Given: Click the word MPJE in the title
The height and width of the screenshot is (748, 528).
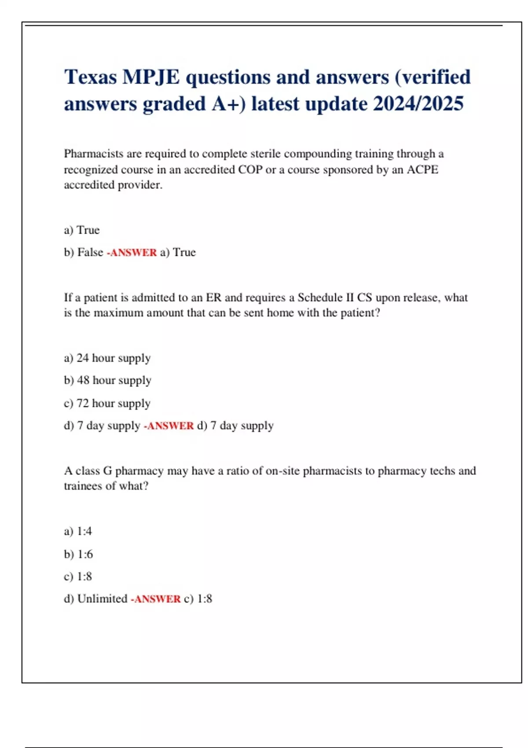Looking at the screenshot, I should [x=150, y=77].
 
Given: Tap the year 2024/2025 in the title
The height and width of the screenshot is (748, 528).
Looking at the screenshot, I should [x=418, y=104].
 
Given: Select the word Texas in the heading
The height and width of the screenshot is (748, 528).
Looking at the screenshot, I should [x=90, y=77].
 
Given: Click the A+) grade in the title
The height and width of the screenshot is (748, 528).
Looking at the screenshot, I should [x=228, y=104].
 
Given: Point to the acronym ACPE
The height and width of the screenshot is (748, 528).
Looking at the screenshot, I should [x=422, y=170].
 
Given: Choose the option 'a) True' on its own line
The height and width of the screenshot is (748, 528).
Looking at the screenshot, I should [x=82, y=230].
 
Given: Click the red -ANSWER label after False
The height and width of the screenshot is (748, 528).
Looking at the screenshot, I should [x=132, y=253].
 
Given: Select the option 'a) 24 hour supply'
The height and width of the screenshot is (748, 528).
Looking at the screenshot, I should [x=107, y=358].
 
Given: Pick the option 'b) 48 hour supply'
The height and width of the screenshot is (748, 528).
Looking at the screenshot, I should [x=107, y=380].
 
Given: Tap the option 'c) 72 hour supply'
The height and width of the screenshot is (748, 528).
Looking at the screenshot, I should [x=107, y=403].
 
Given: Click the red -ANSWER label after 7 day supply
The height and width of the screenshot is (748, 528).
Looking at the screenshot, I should [x=169, y=426].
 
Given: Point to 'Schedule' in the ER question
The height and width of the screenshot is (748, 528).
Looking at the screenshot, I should [x=319, y=298].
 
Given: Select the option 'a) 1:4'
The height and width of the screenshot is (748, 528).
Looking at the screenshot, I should [x=78, y=532].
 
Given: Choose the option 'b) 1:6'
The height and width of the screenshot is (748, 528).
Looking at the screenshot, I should [x=78, y=554].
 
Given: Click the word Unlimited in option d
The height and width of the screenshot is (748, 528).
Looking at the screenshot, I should [x=102, y=599].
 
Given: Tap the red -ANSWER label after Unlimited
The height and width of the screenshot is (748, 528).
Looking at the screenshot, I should [x=155, y=599].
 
